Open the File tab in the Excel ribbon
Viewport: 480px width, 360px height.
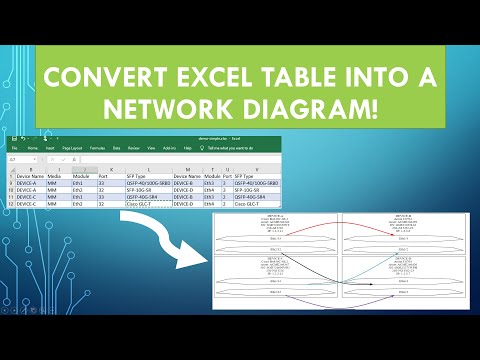coord(14,146)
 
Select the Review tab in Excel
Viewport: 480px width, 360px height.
coord(133,146)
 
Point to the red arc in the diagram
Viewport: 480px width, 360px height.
coord(337,231)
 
